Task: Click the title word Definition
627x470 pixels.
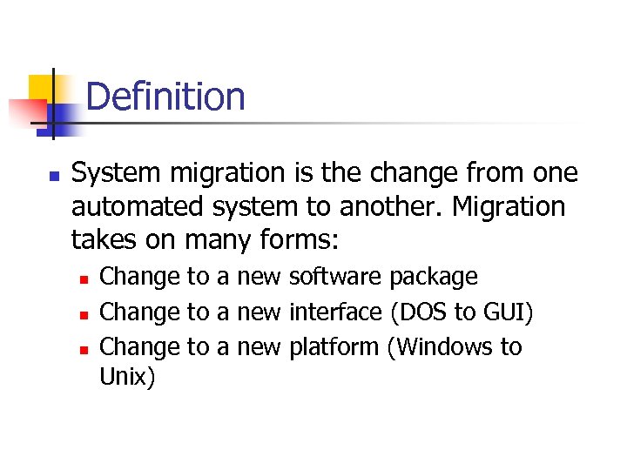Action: click(165, 97)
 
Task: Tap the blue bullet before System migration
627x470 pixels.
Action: click(53, 176)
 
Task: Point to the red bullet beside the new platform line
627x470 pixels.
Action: click(84, 349)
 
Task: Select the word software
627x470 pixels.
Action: click(334, 278)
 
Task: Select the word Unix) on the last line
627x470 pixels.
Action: click(128, 379)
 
